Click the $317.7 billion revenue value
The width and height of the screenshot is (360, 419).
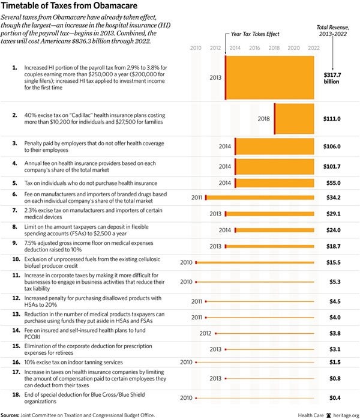tap(331, 77)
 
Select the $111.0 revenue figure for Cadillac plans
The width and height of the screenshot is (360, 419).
tap(331, 119)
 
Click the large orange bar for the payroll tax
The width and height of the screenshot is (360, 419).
tap(269, 77)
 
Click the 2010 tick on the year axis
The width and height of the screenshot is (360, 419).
tap(196, 47)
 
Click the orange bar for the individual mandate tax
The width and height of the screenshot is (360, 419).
tap(274, 182)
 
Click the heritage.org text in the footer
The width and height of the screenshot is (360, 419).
tap(345, 414)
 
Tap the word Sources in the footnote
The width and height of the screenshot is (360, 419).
tap(13, 414)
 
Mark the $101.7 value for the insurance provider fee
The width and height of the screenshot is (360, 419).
tap(331, 166)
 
